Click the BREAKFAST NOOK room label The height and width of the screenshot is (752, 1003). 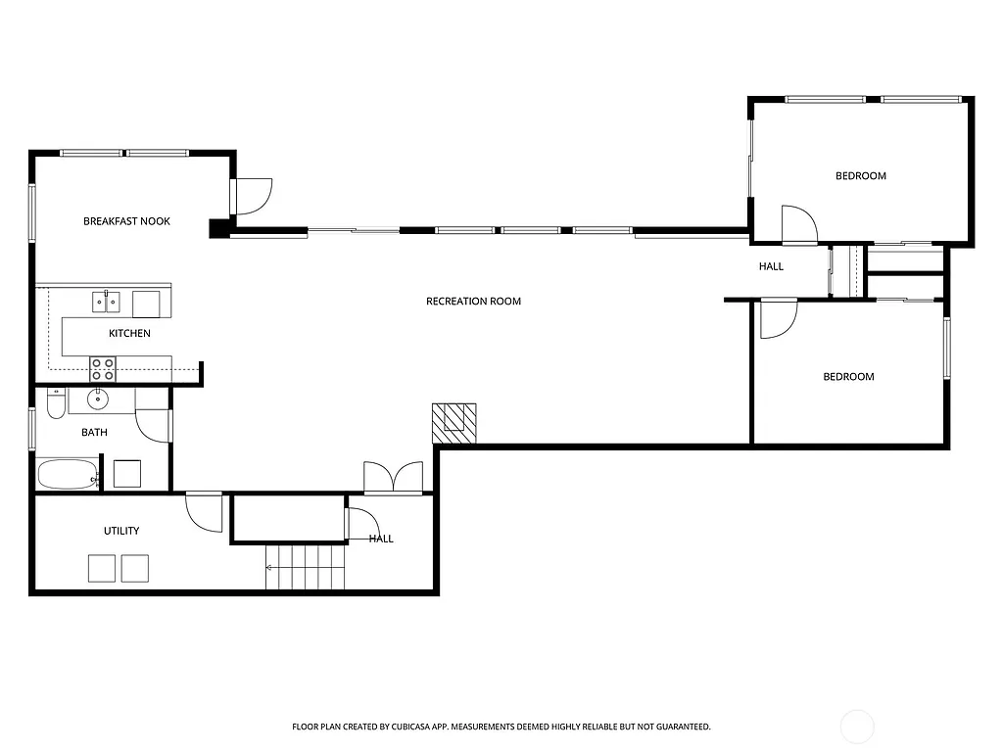point(126,221)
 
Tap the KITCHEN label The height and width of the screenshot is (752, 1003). point(129,334)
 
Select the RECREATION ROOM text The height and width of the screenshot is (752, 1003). point(473,302)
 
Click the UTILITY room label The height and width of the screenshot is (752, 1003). point(121,531)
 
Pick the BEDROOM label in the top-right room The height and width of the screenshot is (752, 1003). point(860,176)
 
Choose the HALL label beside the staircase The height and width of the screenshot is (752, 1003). point(381,539)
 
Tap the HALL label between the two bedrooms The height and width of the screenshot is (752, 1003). point(771,266)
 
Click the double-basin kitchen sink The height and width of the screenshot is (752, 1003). point(106,302)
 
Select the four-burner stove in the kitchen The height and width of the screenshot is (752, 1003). point(103,369)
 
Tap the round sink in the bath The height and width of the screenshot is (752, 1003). point(98,399)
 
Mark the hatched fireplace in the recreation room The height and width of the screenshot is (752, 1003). point(454,423)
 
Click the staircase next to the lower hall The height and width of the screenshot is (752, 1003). point(306,568)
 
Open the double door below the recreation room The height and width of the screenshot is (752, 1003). point(393,478)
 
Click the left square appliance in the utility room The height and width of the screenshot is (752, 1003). point(102,568)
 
